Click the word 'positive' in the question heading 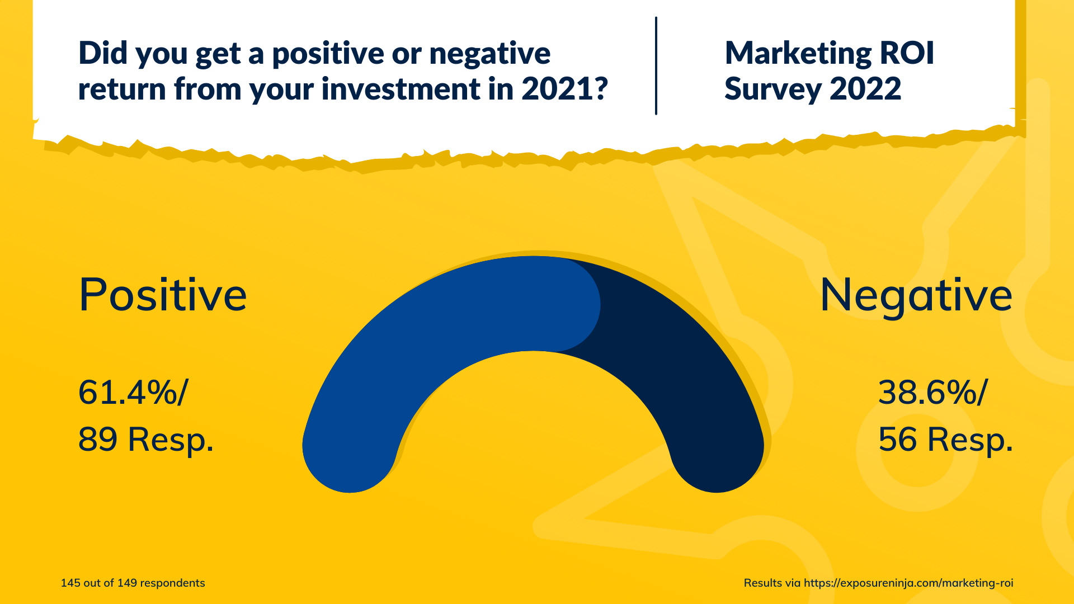pyautogui.click(x=328, y=54)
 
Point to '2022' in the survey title pyautogui.click(x=865, y=89)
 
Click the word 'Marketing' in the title pyautogui.click(x=798, y=54)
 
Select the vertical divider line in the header pyautogui.click(x=656, y=66)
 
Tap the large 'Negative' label pyautogui.click(x=916, y=295)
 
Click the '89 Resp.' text pyautogui.click(x=146, y=440)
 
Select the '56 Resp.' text pyautogui.click(x=945, y=440)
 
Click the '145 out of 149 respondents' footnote pyautogui.click(x=133, y=583)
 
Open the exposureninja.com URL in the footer pyautogui.click(x=908, y=583)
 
